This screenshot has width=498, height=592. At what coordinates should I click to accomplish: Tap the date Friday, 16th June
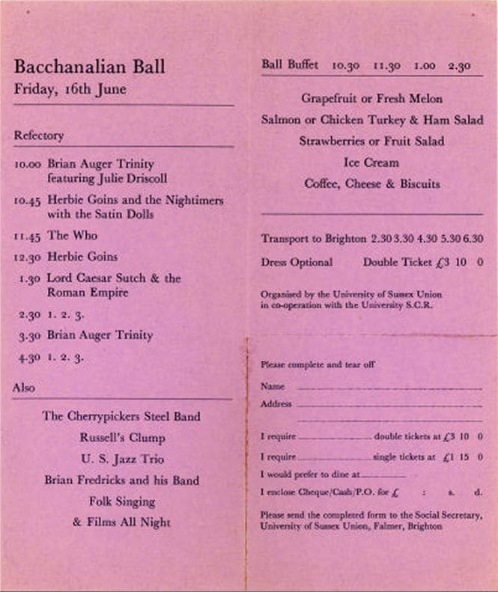(70, 90)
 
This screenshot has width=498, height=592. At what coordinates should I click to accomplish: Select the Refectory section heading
(38, 136)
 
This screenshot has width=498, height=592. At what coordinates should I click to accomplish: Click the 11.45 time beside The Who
(28, 237)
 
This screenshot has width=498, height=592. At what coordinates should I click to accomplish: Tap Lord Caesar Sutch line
(114, 278)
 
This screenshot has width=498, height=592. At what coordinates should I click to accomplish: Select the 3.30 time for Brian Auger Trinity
(29, 336)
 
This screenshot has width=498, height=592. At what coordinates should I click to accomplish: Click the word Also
(23, 388)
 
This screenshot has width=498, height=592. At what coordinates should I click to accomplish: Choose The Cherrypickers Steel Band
(121, 416)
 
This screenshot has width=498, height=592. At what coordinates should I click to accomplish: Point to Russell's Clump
(122, 438)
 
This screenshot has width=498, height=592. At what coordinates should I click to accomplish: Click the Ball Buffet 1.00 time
(424, 66)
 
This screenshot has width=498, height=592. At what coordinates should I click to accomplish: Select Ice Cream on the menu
(371, 162)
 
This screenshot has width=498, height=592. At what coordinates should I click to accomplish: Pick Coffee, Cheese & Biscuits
(371, 183)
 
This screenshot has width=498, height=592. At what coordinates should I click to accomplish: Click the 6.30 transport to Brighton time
(473, 239)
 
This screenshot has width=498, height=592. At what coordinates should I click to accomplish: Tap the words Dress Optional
(297, 263)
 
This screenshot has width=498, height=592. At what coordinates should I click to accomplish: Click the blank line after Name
(389, 389)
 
